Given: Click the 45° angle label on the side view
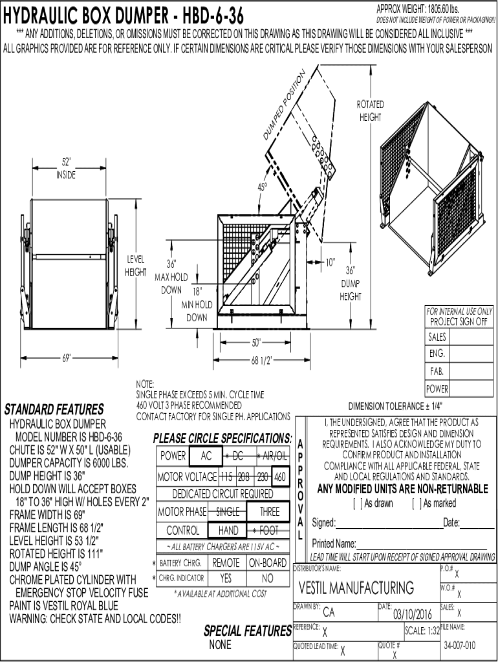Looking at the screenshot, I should [263, 187].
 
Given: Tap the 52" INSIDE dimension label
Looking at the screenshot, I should [66, 168].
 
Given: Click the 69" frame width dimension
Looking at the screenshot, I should [66, 359].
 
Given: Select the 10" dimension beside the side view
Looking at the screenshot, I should [330, 262].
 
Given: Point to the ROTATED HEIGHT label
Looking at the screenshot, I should [370, 111].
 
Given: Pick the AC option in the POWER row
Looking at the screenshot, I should [206, 456].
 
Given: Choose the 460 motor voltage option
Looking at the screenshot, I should [281, 477].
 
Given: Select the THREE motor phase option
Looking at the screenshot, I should [270, 512].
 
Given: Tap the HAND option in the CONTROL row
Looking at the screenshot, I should [228, 531].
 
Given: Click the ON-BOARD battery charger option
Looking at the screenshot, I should [268, 562].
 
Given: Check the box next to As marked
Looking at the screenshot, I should [416, 504].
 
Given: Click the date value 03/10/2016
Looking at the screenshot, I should [412, 614].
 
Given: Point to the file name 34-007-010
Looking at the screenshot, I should [460, 645].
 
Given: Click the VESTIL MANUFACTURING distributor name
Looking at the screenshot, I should [356, 588].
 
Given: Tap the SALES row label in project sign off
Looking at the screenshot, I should [437, 337].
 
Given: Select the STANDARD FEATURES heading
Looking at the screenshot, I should [54, 410].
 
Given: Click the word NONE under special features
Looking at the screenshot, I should [221, 645].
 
